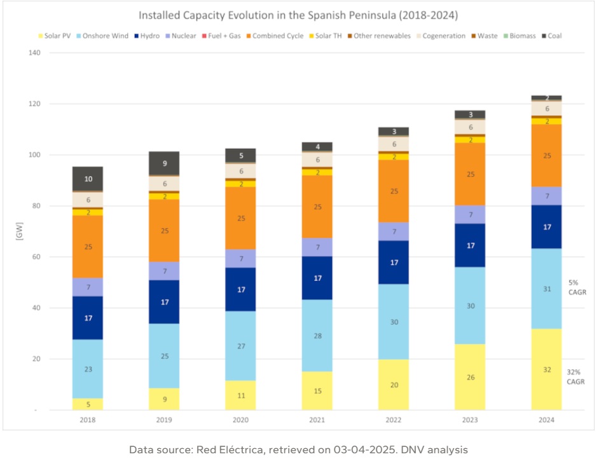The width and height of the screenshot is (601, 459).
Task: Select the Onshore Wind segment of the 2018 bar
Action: pos(88,369)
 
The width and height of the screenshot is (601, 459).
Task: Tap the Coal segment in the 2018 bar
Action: pos(88,179)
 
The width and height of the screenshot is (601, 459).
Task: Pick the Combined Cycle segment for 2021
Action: pos(317,207)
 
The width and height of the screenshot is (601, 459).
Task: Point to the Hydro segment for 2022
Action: pos(394,262)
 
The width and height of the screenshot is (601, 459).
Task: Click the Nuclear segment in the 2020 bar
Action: pos(240,259)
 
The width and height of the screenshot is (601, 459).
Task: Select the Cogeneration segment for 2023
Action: pos(470,127)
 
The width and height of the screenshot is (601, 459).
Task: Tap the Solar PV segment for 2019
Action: pos(164,399)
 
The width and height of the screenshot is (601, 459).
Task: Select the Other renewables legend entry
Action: pos(385,36)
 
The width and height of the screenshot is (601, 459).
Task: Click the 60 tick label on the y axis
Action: pos(36,257)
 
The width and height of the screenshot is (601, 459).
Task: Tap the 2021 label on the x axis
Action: pos(317,420)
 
